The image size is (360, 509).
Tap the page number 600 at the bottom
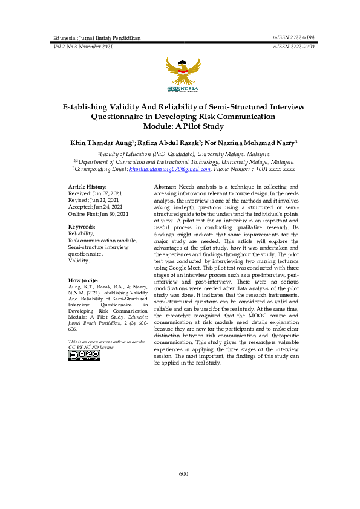pyautogui.click(x=183, y=473)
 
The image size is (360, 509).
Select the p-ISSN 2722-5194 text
pyautogui.click(x=294, y=37)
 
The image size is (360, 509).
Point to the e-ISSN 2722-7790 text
pyautogui.click(x=294, y=46)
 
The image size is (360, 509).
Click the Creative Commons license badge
pyautogui.click(x=84, y=355)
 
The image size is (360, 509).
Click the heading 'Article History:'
pyautogui.click(x=88, y=188)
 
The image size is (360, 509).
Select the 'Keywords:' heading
pyautogui.click(x=82, y=226)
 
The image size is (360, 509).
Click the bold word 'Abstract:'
pyautogui.click(x=165, y=188)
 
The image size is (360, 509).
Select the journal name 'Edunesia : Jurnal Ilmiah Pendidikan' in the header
pyautogui.click(x=97, y=37)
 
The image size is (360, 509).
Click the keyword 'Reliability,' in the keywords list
pyautogui.click(x=81, y=233)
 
